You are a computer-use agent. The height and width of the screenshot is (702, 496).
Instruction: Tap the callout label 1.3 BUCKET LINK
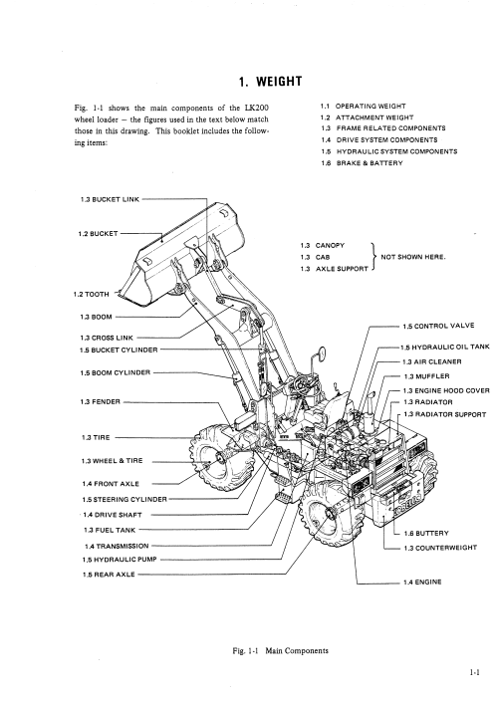tap(111, 200)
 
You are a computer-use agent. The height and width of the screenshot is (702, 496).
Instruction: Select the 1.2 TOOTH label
tap(92, 294)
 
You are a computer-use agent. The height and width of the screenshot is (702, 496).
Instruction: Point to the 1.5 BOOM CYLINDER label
tap(116, 372)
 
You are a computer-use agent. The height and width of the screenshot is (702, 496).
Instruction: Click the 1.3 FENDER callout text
tap(101, 402)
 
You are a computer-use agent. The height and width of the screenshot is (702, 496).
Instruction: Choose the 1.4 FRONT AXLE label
tap(111, 484)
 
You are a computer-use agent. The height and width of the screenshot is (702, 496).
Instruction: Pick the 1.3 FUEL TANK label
tap(110, 530)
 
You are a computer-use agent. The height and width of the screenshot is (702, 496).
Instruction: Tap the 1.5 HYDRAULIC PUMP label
tap(120, 560)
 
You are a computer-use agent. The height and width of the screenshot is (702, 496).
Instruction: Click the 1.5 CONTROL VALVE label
tap(438, 326)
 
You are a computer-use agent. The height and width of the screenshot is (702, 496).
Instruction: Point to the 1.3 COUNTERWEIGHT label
tap(440, 548)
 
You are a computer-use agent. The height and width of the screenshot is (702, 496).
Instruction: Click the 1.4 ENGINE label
tap(422, 583)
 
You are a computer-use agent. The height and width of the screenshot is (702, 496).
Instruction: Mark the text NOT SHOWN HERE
tap(413, 257)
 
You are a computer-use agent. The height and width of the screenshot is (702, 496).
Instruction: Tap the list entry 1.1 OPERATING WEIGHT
tap(364, 107)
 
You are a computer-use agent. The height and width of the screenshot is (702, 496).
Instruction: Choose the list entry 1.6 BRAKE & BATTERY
tap(363, 163)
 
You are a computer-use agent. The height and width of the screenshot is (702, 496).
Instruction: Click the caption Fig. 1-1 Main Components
tap(281, 651)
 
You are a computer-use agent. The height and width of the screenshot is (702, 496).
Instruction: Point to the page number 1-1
tap(475, 672)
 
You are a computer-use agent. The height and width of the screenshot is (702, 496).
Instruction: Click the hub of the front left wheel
tap(219, 460)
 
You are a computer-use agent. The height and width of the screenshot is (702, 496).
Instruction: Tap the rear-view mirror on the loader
tap(322, 353)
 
